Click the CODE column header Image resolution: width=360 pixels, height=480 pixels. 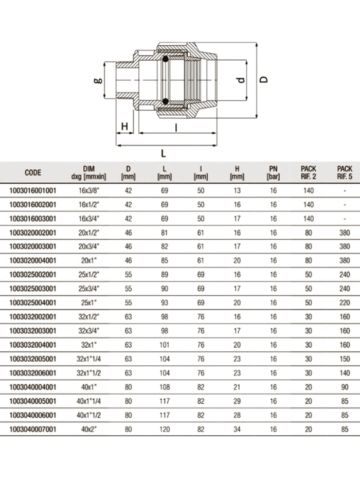(33, 173)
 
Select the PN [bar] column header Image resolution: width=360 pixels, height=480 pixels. (273, 173)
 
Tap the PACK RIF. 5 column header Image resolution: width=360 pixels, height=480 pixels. (345, 173)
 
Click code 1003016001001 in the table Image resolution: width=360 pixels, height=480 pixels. (33, 190)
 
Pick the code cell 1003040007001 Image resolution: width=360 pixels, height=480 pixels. (33, 429)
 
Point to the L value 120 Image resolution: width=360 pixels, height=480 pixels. (165, 429)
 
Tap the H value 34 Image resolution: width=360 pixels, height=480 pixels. (237, 429)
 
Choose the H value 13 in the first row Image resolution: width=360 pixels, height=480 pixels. (237, 190)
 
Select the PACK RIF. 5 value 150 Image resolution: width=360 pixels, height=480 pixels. (345, 359)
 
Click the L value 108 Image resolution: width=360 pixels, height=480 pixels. (165, 386)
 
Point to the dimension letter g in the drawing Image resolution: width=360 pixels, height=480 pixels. (98, 81)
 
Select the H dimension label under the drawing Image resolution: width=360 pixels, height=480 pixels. (124, 127)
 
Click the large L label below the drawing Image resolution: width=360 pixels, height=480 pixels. (164, 153)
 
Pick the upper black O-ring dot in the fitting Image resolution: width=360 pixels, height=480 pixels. (166, 61)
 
